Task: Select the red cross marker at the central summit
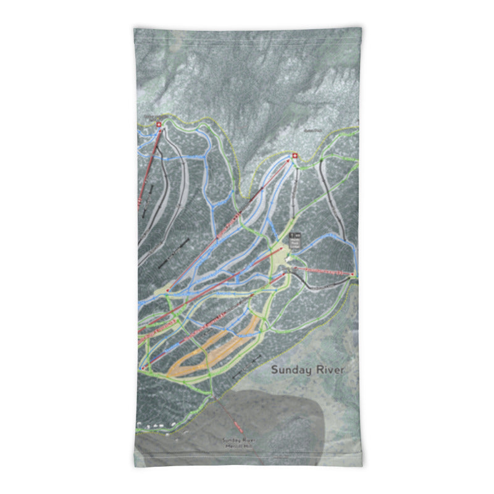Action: click(294, 156)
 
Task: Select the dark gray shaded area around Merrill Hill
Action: click(272, 426)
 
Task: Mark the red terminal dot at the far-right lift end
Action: click(352, 274)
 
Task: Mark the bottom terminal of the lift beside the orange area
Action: click(143, 369)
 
